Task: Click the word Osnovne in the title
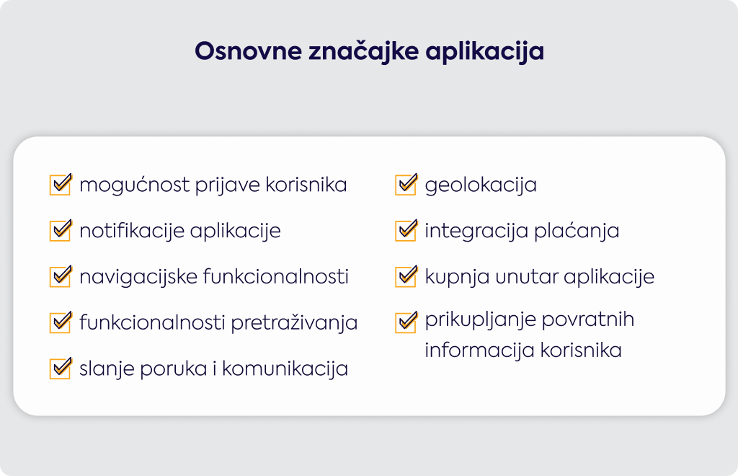click(248, 51)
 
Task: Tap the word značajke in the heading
click(363, 51)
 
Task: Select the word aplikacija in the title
click(485, 52)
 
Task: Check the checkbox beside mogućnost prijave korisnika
click(61, 184)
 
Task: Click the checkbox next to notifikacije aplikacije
click(61, 230)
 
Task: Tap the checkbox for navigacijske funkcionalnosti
click(61, 276)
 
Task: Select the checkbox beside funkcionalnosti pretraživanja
click(61, 322)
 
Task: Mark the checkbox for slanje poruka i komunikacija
click(61, 369)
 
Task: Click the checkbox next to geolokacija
click(406, 184)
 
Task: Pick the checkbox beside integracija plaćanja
click(406, 230)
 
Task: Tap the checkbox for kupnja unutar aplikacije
click(406, 276)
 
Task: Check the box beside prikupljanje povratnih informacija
click(406, 322)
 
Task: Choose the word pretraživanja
click(294, 323)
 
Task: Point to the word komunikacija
click(285, 369)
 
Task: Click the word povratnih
click(588, 319)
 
